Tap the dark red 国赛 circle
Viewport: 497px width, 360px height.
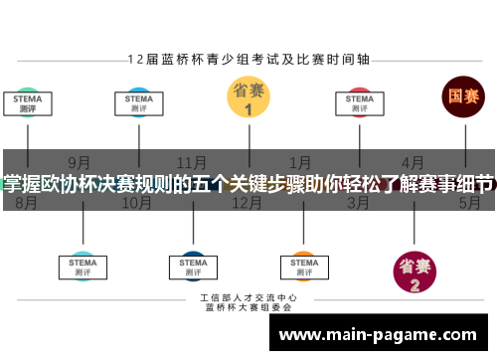pyautogui.click(x=463, y=97)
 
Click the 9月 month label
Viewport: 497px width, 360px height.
pyautogui.click(x=81, y=162)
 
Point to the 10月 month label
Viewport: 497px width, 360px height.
pyautogui.click(x=136, y=203)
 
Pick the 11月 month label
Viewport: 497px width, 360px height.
pyautogui.click(x=192, y=162)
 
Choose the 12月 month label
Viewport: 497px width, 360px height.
pyautogui.click(x=246, y=203)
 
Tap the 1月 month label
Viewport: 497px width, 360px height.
pyautogui.click(x=300, y=162)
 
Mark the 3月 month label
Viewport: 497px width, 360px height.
pyautogui.click(x=359, y=203)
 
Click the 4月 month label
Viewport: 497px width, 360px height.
pyautogui.click(x=412, y=162)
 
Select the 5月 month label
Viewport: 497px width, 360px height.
pyautogui.click(x=469, y=203)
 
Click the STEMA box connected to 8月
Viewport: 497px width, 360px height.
pyautogui.click(x=27, y=103)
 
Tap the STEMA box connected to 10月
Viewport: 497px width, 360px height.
pyautogui.click(x=138, y=103)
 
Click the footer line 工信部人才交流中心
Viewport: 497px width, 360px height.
pyautogui.click(x=248, y=298)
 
